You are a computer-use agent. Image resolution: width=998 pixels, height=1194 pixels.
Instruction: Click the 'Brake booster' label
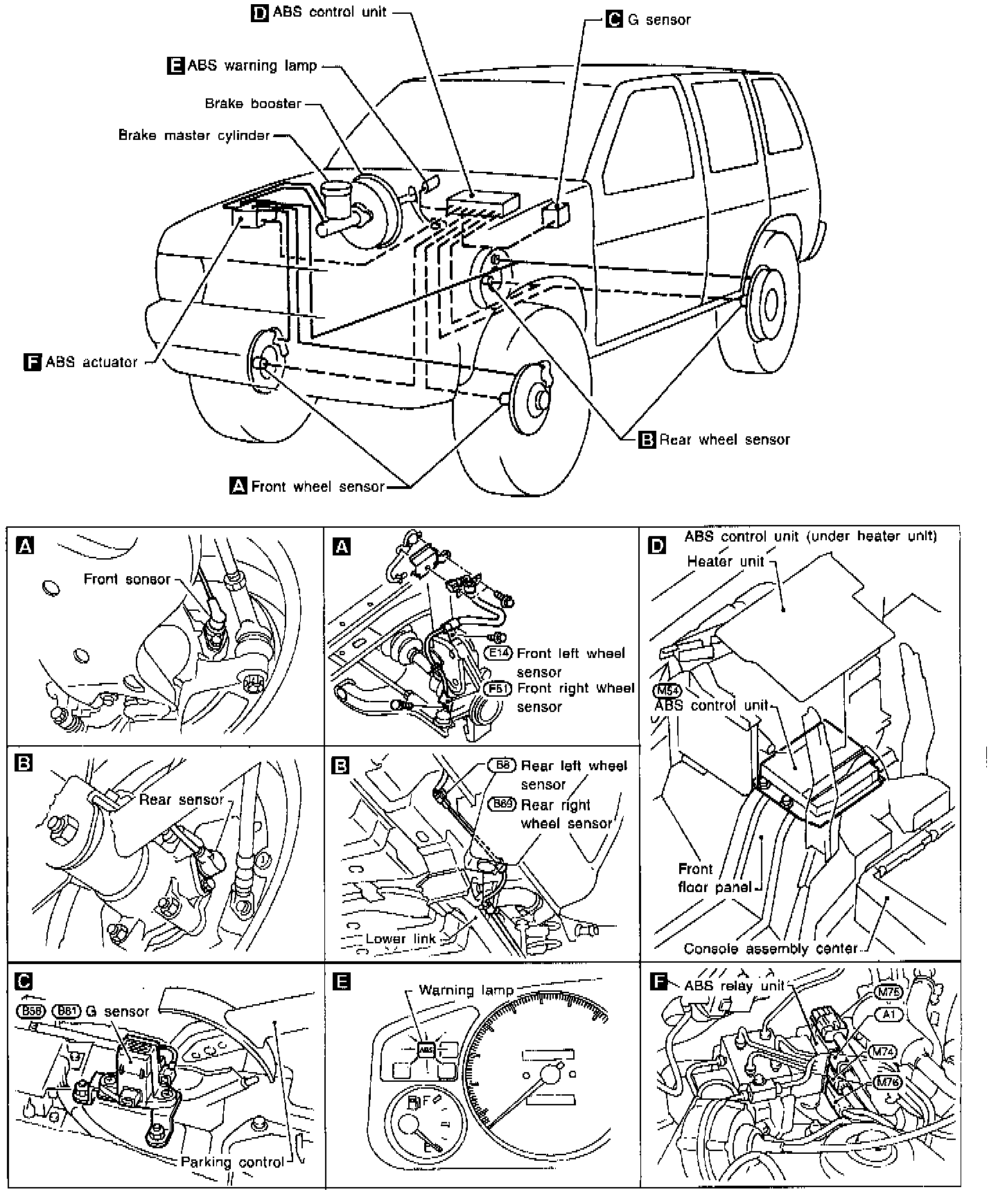point(253,104)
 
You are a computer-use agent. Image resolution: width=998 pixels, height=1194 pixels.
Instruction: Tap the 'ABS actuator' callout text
point(91,362)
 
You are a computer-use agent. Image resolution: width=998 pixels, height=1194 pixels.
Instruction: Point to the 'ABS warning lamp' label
point(252,66)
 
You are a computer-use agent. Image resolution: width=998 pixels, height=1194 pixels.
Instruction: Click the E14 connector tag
point(497,653)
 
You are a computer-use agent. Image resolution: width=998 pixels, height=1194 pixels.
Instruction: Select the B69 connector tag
point(502,804)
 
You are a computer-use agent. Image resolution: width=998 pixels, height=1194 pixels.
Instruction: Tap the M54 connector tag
point(667,690)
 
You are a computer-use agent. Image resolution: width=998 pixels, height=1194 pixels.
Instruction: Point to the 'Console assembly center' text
point(771,948)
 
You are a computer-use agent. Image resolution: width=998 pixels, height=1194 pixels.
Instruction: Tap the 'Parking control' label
point(232,1161)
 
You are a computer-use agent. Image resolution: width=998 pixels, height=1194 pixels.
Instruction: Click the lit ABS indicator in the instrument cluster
point(426,1049)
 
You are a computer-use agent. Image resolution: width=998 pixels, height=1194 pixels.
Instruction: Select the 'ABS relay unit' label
point(734,986)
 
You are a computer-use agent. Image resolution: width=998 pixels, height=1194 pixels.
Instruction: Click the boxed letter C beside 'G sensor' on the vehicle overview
point(614,19)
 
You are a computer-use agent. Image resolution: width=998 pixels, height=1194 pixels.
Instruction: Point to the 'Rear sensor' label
point(182,800)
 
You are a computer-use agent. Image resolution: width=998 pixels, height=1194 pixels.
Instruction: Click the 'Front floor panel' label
point(714,878)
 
